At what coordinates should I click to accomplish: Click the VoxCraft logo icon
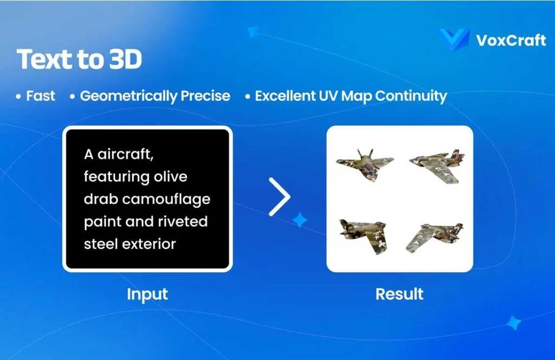(454, 39)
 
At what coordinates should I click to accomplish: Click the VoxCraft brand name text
(511, 40)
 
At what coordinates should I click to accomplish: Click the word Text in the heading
(42, 60)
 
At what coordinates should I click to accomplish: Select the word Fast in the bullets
(41, 96)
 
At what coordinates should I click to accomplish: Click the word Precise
(205, 97)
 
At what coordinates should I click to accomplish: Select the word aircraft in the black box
(126, 154)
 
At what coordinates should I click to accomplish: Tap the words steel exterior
(130, 244)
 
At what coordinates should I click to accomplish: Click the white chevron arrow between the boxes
(280, 196)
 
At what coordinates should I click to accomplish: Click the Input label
(147, 294)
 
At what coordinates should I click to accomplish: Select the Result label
(399, 294)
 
